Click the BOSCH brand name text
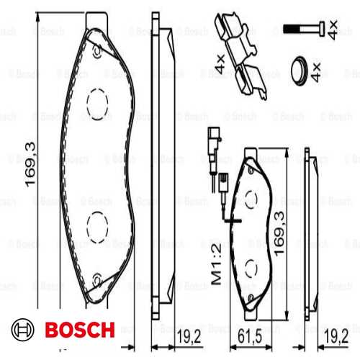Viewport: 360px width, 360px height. click(79, 330)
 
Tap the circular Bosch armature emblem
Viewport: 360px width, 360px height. click(25, 330)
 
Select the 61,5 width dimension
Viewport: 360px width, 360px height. click(250, 336)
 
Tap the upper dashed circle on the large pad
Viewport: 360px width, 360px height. click(98, 104)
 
